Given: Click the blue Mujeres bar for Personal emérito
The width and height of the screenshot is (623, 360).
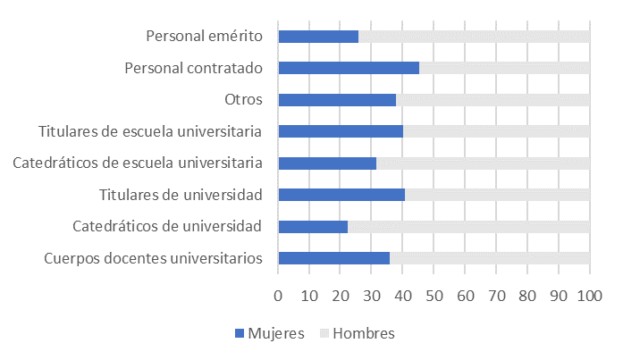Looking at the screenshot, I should (x=318, y=37).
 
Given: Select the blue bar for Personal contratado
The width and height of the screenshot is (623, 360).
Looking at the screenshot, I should (x=349, y=68).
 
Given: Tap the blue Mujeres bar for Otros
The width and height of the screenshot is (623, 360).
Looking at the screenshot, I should (x=337, y=100).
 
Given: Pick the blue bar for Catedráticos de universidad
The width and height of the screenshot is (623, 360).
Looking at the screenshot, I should (x=313, y=227).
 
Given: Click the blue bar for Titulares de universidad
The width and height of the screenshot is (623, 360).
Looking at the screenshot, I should (x=341, y=195).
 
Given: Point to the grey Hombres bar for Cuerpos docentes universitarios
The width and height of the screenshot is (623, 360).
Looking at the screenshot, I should (x=489, y=259).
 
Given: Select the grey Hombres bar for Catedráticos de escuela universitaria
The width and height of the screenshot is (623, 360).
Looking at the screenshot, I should (x=483, y=163).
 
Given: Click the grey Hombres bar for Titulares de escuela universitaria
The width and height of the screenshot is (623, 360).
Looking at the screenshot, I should (x=496, y=131).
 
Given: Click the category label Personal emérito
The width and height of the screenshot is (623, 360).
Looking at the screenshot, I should (x=204, y=37).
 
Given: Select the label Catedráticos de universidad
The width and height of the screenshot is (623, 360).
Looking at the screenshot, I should (x=167, y=227).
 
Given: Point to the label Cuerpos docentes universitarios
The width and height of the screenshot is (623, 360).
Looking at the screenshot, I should (x=153, y=259).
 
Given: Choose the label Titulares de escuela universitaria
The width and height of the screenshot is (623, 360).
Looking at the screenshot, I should (x=150, y=131).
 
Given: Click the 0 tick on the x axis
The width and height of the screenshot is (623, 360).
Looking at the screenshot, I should (x=278, y=295).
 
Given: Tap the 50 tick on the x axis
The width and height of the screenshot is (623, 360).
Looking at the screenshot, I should (x=434, y=295).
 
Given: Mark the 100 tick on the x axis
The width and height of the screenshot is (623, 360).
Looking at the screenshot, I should (x=589, y=295).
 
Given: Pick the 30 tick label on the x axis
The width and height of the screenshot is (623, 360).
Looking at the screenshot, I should (x=371, y=295).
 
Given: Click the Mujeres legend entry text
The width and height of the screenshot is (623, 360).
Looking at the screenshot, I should (x=277, y=333).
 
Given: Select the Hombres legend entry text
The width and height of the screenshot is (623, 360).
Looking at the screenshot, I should (x=364, y=333).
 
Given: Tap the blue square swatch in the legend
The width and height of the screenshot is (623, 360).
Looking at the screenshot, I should (x=240, y=333).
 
